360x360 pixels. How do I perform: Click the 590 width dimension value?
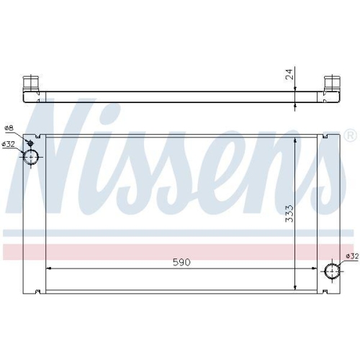[181, 263]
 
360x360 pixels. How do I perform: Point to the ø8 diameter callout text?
[9, 128]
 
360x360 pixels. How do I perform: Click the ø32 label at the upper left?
[9, 144]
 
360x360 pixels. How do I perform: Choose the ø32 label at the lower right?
[351, 256]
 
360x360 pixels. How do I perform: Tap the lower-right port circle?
[332, 271]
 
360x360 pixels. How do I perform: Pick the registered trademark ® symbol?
[349, 135]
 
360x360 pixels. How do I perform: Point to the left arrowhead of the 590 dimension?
[48, 269]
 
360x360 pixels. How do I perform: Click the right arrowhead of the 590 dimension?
[315, 269]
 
